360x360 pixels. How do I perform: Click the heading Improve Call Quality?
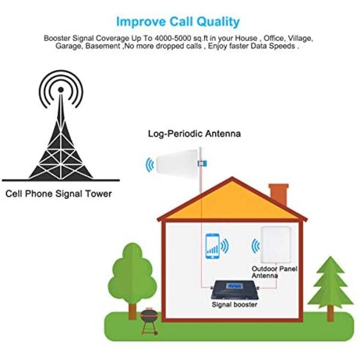point(178,22)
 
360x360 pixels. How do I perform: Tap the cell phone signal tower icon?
point(61,126)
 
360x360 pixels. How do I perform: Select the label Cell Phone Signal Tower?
point(59,194)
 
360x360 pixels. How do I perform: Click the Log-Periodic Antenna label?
point(194,133)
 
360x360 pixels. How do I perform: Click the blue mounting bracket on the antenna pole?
point(202,164)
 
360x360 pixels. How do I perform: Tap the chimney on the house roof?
point(278,194)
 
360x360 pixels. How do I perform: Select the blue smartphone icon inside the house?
point(212,246)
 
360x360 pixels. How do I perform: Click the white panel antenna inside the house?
point(276,245)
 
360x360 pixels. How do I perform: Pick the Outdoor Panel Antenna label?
point(275,272)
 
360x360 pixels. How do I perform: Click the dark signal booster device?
point(235,290)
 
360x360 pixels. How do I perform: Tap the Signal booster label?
point(234,305)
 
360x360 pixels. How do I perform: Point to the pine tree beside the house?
point(330,289)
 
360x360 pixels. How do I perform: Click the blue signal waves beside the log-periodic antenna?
point(150,165)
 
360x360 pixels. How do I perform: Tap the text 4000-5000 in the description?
point(173,38)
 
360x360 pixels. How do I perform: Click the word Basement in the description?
point(103,46)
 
